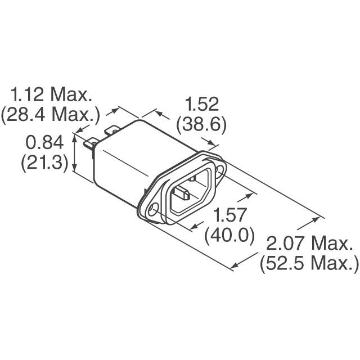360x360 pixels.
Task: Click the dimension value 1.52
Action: point(201,104)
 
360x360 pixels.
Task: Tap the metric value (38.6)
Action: point(201,125)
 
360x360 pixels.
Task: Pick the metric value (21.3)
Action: point(44,163)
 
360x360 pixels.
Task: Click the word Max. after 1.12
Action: point(71,93)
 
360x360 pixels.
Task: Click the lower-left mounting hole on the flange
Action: point(152,211)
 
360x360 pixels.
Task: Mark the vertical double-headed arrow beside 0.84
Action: point(76,152)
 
